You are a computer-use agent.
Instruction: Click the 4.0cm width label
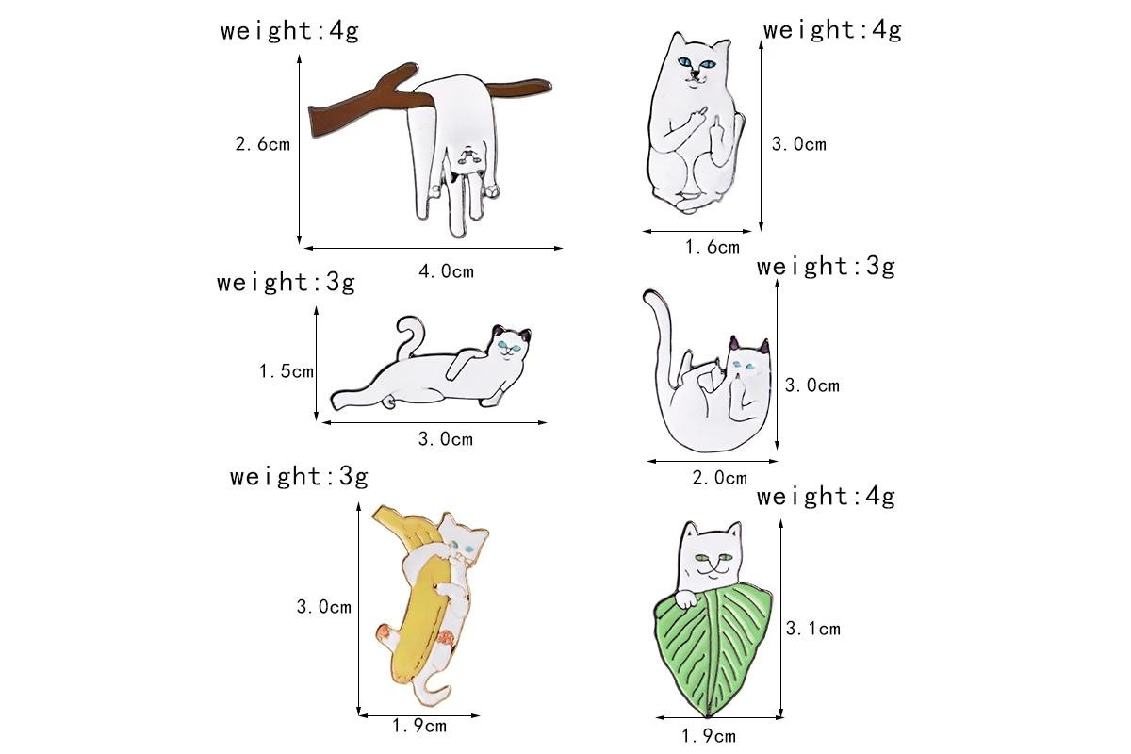(x=447, y=271)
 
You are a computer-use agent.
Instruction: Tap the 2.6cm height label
(x=263, y=144)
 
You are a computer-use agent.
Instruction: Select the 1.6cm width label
(x=713, y=247)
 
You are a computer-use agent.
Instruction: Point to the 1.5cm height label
(x=287, y=371)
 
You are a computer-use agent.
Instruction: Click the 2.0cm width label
(x=719, y=478)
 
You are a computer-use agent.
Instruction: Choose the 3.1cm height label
(x=812, y=629)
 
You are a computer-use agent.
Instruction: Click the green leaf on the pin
(x=713, y=650)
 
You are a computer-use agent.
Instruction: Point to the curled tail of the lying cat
(x=410, y=336)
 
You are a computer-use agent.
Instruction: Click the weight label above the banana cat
(x=299, y=477)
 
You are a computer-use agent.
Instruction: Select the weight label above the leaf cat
(x=826, y=497)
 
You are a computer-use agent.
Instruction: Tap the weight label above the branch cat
(x=290, y=31)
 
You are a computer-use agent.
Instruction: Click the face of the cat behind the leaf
(x=712, y=558)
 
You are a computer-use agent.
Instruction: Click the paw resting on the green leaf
(x=686, y=598)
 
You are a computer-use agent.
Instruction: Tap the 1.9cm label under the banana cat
(x=419, y=727)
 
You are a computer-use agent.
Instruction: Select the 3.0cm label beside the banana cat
(x=324, y=607)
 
